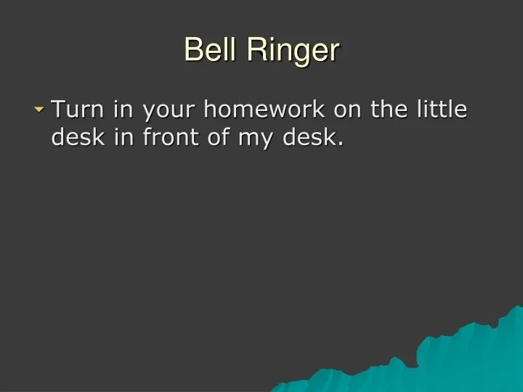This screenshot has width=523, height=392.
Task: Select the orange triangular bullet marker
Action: [39, 110]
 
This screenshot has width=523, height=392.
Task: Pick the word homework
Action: [265, 110]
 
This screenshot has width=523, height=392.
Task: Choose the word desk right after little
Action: [76, 137]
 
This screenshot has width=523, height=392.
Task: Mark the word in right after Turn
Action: [121, 110]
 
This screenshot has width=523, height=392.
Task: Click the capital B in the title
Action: [192, 51]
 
